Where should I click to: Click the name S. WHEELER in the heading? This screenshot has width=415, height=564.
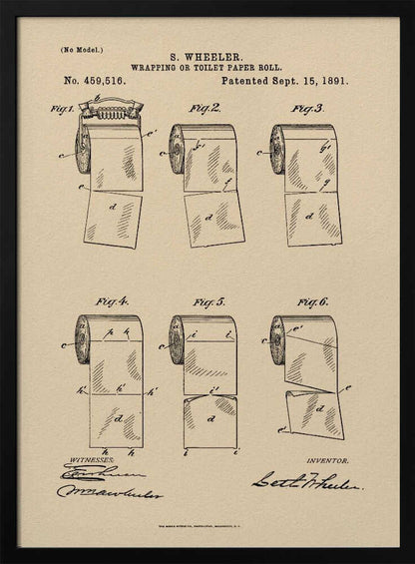point(207,58)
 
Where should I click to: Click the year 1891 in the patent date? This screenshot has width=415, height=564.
point(329,80)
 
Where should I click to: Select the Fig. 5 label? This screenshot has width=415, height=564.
point(209,300)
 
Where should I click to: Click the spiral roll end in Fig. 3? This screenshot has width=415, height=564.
point(277,150)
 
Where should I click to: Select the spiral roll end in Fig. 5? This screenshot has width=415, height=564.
point(178,339)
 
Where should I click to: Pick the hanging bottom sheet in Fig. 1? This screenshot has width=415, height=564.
point(113,220)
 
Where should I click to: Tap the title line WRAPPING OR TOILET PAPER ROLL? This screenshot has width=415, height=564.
point(207,68)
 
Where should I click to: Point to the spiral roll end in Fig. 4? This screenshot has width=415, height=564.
point(82,339)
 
